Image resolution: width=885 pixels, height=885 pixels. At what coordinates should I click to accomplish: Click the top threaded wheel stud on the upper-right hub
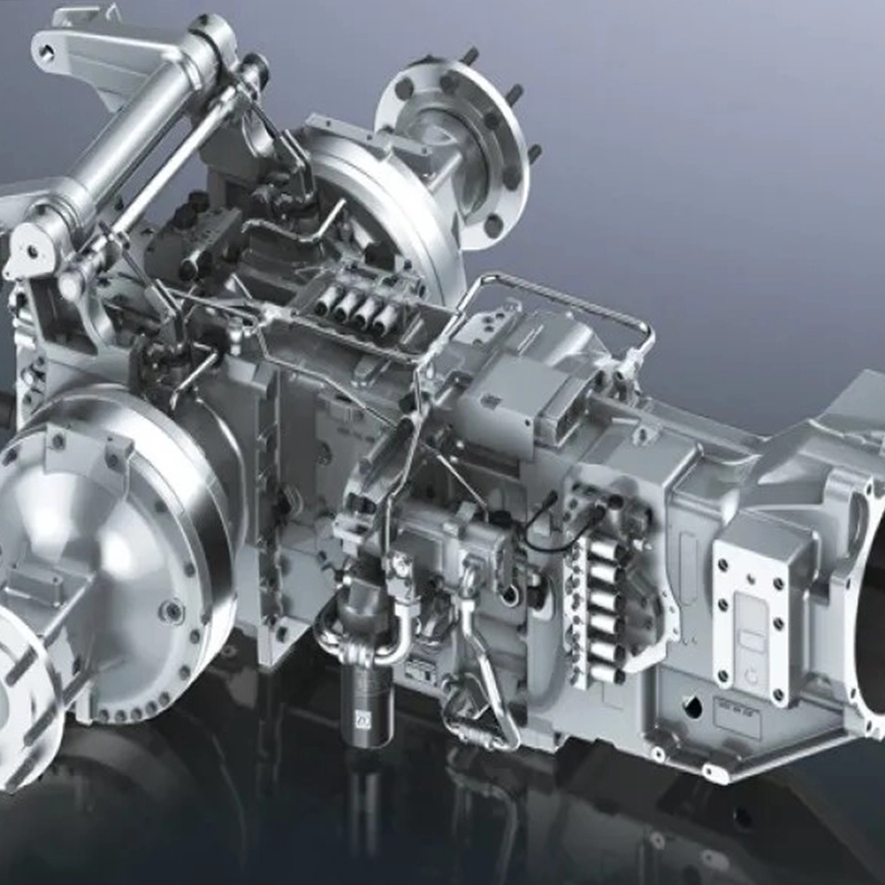pos(468,55)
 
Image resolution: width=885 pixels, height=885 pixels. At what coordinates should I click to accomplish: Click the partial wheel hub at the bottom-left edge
pos(22,699)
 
